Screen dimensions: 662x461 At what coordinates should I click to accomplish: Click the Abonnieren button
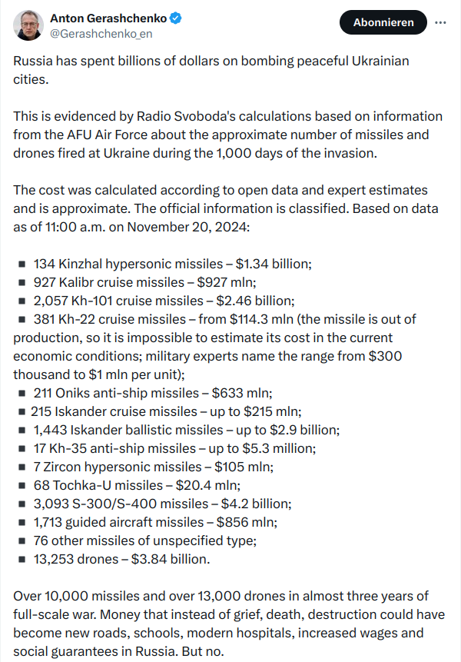pos(383,22)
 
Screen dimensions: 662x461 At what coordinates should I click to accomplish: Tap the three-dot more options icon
pos(440,22)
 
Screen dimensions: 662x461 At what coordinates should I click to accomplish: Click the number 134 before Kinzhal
pos(45,264)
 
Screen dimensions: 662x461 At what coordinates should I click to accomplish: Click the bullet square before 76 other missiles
pos(22,541)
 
